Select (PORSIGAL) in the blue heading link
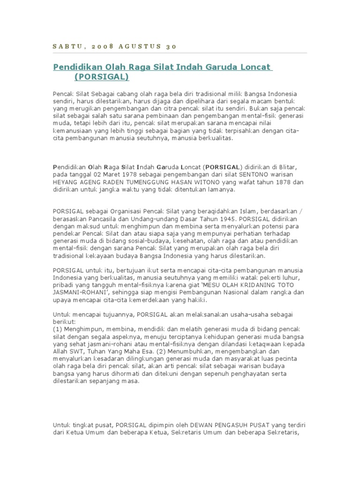click(101, 76)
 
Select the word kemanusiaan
click(74, 131)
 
